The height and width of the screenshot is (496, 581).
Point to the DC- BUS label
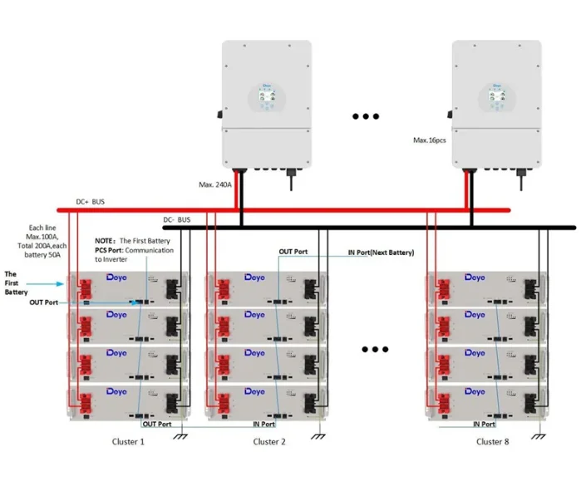176,219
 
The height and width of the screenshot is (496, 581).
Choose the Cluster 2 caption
269,442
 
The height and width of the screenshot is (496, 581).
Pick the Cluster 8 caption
493,442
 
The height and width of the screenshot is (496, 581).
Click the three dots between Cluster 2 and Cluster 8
376,350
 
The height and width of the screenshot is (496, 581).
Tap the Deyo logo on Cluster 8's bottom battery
475,391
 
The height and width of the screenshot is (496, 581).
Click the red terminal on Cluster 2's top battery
223,288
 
